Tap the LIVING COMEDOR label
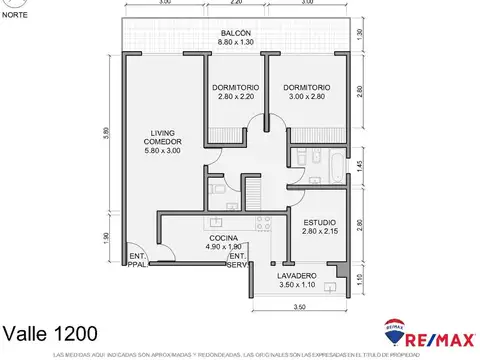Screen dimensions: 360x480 click(163, 141)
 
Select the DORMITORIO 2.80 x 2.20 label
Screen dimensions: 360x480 click(236, 91)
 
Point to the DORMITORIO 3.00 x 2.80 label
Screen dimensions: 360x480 click(305, 91)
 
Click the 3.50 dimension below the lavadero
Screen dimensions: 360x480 click(298, 307)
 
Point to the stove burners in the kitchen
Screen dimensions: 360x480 click(261, 221)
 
